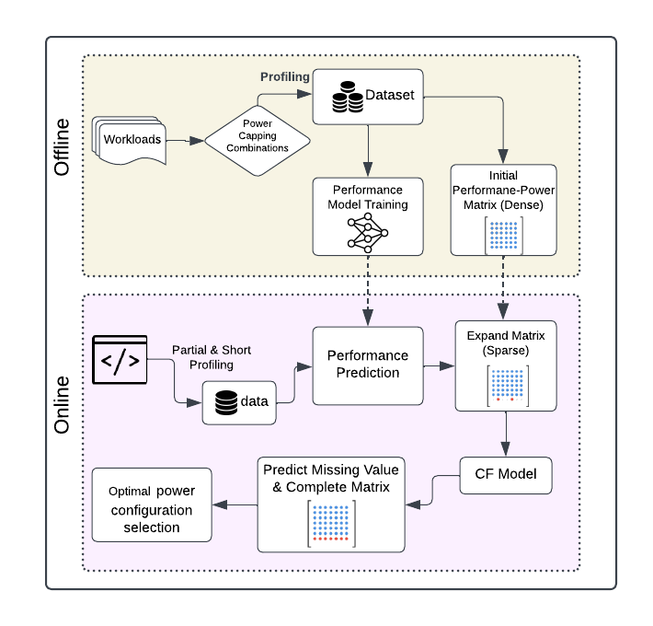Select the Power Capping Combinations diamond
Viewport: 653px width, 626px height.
pyautogui.click(x=257, y=135)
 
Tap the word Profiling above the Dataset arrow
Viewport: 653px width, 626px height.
pyautogui.click(x=284, y=76)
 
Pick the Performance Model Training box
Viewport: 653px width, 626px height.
pyautogui.click(x=368, y=215)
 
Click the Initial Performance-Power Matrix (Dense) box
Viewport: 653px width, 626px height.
pyautogui.click(x=504, y=209)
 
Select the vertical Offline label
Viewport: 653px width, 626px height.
pyautogui.click(x=62, y=146)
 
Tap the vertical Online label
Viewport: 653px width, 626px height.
pyautogui.click(x=62, y=405)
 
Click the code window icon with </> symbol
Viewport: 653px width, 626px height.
pyautogui.click(x=120, y=360)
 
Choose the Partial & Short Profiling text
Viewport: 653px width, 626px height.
pyautogui.click(x=211, y=358)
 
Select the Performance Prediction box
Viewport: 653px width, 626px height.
pyautogui.click(x=368, y=365)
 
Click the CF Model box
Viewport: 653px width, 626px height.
pyautogui.click(x=505, y=475)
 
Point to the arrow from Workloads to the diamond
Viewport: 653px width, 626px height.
pyautogui.click(x=186, y=141)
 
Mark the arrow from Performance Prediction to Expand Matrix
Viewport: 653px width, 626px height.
pyautogui.click(x=440, y=365)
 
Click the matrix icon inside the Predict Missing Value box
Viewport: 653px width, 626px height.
pyautogui.click(x=330, y=524)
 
